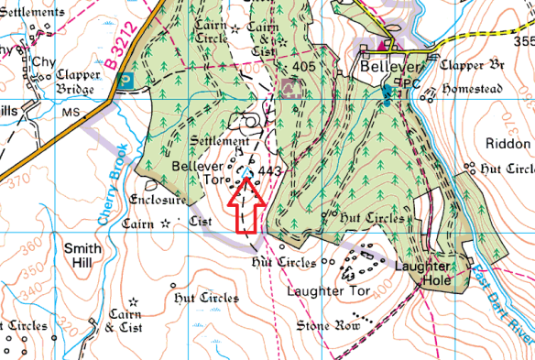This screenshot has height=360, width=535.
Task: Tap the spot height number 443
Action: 269,171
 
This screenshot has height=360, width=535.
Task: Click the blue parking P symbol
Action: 126,81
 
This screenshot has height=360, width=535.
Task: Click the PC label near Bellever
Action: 409,82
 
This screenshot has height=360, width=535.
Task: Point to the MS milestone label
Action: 71,112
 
